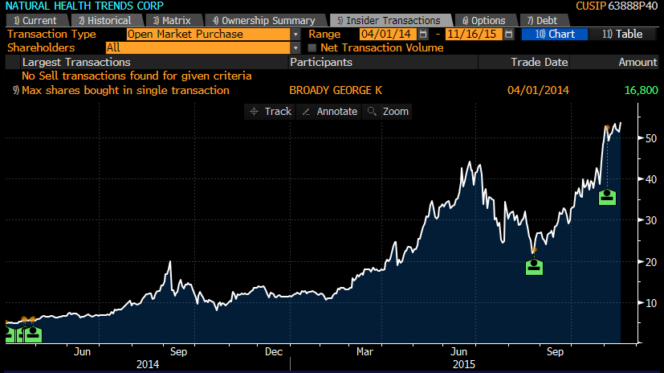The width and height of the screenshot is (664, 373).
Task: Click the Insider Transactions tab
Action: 391,20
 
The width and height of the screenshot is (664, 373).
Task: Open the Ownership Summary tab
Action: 266,20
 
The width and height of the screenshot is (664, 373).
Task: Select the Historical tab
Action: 107,20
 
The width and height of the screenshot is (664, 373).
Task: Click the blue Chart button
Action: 555,34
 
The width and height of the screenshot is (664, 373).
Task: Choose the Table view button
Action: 622,34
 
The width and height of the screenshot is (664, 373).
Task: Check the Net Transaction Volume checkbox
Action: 312,48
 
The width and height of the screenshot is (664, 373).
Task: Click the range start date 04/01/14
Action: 387,34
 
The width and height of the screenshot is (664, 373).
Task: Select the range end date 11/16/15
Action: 473,34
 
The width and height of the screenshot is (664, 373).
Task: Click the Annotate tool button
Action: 329,112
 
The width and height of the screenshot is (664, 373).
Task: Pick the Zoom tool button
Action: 387,112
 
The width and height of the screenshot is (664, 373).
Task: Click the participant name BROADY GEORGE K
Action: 336,90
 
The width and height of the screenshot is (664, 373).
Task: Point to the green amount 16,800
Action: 642,90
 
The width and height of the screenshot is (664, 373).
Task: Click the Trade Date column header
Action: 539,63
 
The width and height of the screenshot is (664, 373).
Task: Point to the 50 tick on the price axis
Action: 650,138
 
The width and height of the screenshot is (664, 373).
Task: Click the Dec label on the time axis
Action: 274,352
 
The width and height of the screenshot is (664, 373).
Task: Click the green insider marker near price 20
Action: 534,267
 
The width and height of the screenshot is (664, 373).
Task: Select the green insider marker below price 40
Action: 607,197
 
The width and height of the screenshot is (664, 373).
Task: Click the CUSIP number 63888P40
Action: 633,6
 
